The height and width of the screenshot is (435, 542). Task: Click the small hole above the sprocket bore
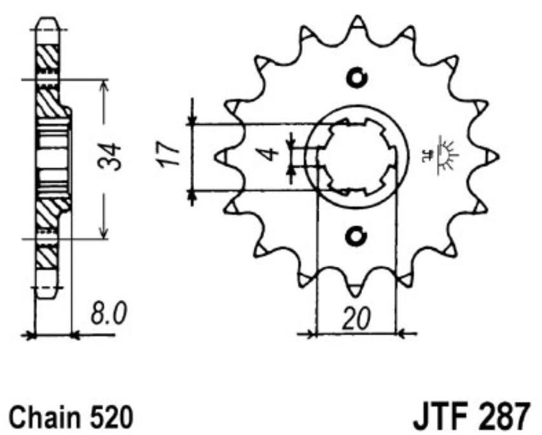356,77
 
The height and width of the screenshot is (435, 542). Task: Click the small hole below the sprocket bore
356,236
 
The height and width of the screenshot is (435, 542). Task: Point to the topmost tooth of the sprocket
357,24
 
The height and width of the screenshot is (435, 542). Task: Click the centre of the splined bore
356,156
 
